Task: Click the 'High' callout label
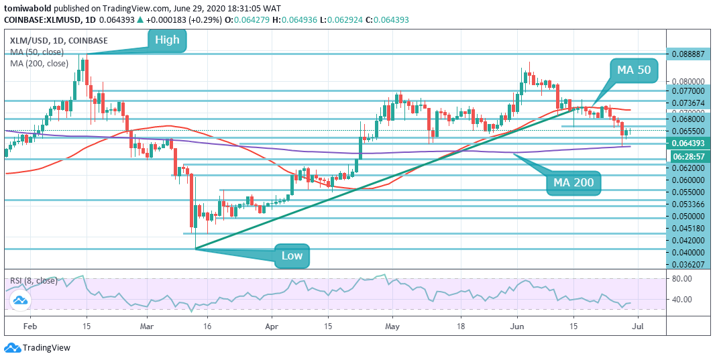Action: tap(167, 40)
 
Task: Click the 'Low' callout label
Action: tap(292, 255)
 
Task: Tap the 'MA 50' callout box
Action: tap(635, 70)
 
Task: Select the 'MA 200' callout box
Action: tap(573, 182)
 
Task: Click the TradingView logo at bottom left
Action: tap(38, 348)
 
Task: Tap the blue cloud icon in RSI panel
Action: tap(22, 301)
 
